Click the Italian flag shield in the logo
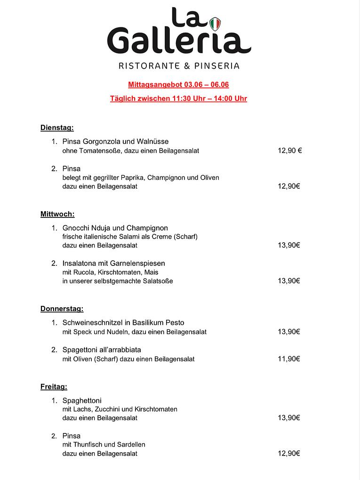tap(215, 24)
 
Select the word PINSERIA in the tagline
tap(218, 66)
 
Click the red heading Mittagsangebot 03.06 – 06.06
tap(178, 85)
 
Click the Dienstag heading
tap(57, 128)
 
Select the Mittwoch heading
tap(57, 214)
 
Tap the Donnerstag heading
tap(62, 309)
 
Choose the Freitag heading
tap(54, 387)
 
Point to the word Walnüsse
tap(152, 141)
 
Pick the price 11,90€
tap(289, 359)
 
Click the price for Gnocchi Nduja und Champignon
tap(289, 245)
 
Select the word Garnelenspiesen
tap(139, 263)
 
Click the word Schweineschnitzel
tap(93, 323)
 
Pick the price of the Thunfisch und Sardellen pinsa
tap(289, 454)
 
